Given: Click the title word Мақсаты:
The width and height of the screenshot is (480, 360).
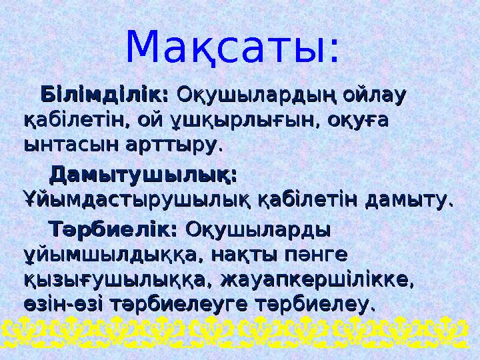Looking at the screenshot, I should coord(233,47).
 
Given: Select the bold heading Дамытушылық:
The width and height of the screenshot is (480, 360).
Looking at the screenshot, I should coord(144,175).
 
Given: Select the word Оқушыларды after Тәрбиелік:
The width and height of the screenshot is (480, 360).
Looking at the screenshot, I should coord(258,229).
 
